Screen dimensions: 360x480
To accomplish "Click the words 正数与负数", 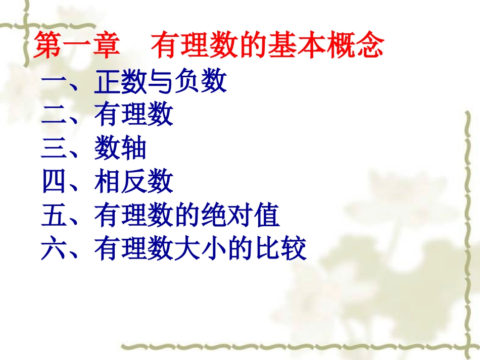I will [160, 82].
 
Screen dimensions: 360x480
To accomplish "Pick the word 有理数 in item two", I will [133, 116].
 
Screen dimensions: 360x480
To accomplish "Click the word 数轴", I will [120, 149].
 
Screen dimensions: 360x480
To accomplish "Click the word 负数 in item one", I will [200, 82].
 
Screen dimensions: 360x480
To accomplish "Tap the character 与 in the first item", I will [160, 82].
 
